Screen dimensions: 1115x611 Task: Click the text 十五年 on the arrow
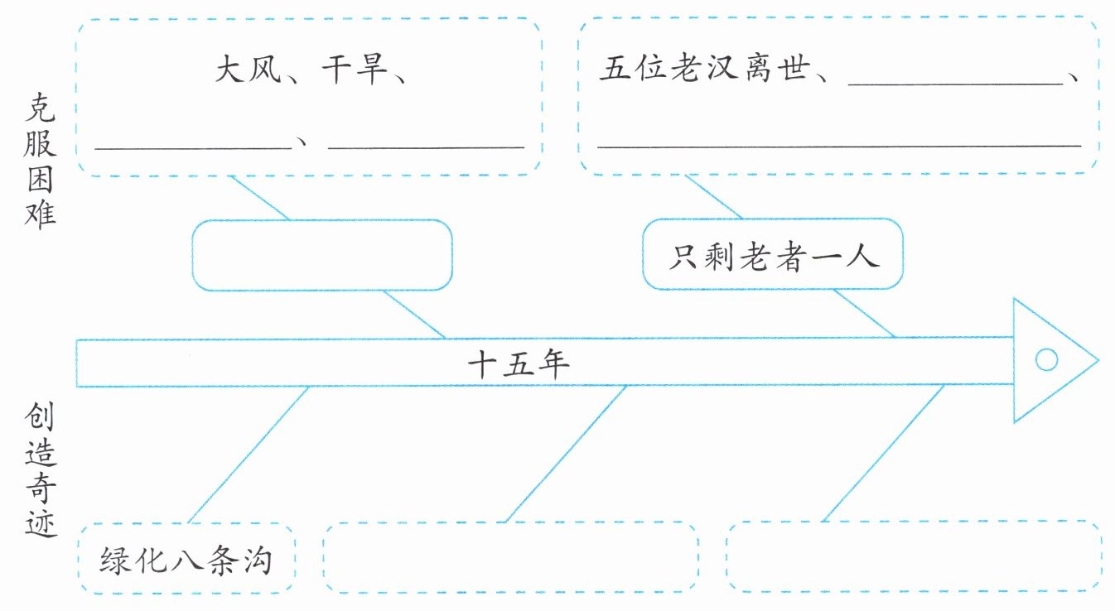(x=519, y=363)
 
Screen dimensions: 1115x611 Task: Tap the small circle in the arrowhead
(x=1046, y=360)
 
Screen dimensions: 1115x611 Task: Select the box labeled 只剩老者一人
(x=772, y=255)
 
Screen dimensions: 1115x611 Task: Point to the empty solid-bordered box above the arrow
(x=322, y=255)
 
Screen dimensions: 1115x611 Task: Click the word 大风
(x=248, y=70)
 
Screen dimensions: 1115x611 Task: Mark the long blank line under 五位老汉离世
(x=838, y=144)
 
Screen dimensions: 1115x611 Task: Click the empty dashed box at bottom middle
(x=509, y=558)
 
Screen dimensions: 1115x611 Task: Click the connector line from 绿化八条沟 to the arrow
(x=249, y=455)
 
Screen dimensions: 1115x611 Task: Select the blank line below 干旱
(x=426, y=146)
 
